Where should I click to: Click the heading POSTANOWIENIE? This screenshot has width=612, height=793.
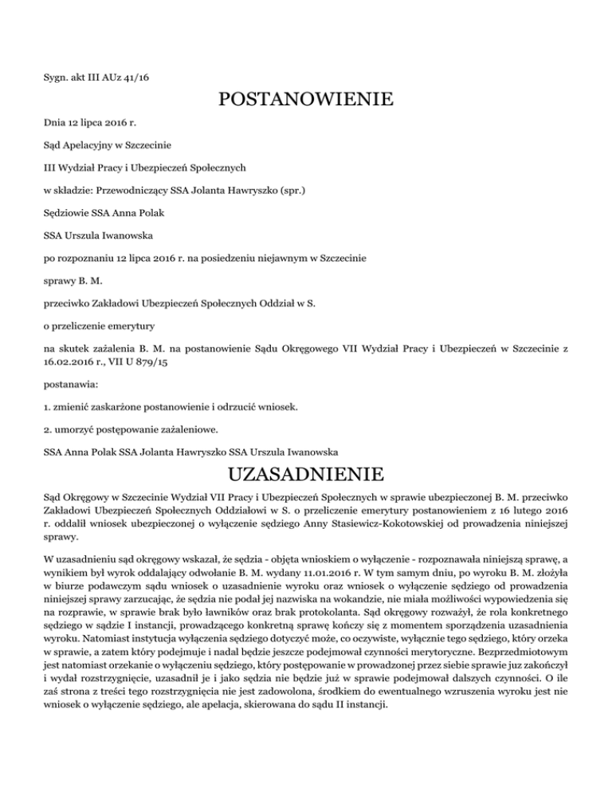pos(306,101)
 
